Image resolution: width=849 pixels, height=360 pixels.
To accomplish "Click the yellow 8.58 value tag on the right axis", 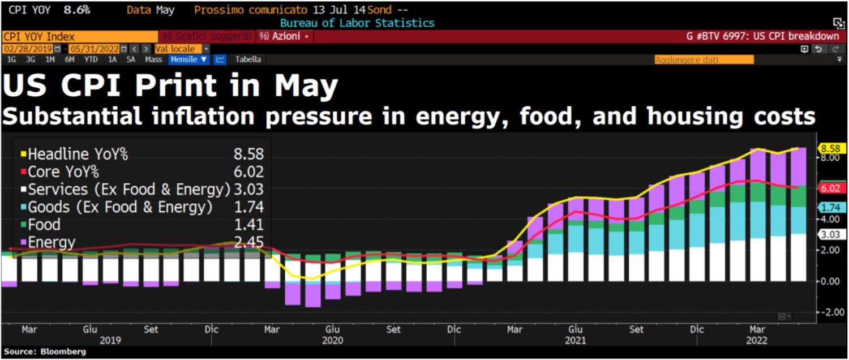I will click(831, 148).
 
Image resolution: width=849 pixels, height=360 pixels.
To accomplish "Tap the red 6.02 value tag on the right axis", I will click(831, 188).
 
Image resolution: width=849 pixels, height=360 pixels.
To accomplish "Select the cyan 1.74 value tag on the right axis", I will click(831, 208).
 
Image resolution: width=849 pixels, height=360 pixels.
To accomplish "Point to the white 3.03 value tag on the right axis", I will click(831, 234).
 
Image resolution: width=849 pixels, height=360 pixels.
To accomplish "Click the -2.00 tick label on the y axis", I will click(831, 312).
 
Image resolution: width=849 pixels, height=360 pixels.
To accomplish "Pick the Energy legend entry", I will click(51, 242).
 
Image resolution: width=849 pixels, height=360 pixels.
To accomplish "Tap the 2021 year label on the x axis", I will click(576, 341).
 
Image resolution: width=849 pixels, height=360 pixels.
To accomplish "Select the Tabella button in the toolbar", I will click(248, 59).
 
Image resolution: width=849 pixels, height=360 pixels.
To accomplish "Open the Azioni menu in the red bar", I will click(285, 36).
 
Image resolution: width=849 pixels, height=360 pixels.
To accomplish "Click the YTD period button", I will click(91, 59).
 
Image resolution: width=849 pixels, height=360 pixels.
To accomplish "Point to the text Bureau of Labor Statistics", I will click(357, 23).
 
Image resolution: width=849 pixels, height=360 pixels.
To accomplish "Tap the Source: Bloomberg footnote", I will click(45, 352).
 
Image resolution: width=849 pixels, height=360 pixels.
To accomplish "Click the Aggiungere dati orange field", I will click(704, 59).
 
